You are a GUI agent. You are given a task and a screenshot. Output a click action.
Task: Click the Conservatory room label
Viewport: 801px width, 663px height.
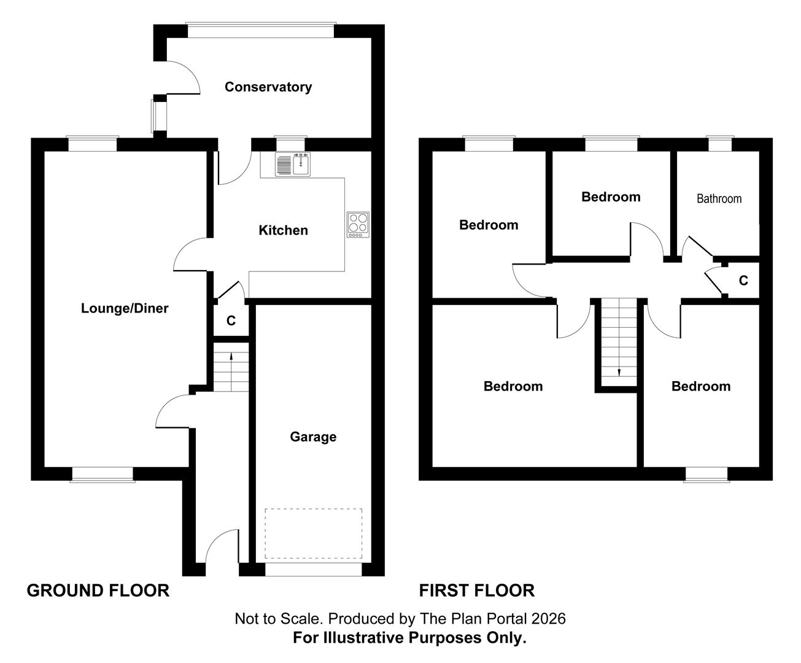click(x=268, y=87)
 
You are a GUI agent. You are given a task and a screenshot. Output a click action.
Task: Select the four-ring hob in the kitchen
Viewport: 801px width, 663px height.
click(x=358, y=225)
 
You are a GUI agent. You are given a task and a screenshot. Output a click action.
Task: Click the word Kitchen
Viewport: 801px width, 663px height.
click(x=283, y=230)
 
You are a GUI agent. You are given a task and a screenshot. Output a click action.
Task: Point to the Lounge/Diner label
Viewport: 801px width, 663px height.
click(x=125, y=308)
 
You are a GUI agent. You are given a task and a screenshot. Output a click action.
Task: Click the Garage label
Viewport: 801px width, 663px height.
click(x=313, y=436)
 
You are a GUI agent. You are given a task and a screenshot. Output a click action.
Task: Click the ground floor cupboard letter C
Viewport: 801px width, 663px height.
click(x=231, y=320)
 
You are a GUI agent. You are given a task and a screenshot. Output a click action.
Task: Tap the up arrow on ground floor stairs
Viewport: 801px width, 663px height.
click(x=231, y=362)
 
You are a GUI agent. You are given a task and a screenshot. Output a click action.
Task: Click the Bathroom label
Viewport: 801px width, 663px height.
click(x=719, y=199)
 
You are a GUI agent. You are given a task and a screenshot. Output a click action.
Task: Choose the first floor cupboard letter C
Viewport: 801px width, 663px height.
click(x=743, y=281)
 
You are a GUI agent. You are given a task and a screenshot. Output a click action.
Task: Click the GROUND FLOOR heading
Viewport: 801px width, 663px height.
click(x=98, y=591)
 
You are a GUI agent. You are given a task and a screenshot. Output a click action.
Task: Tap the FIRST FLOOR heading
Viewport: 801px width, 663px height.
click(x=476, y=591)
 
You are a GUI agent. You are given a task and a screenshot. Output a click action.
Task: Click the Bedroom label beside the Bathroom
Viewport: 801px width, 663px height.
click(x=611, y=197)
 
